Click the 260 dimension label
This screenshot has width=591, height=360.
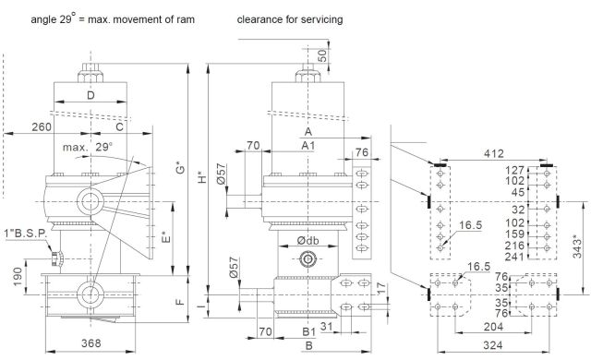tap(42, 126)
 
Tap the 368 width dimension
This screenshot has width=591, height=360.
tap(91, 343)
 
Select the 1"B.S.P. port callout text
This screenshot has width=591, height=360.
tap(26, 234)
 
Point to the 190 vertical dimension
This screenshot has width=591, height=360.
tap(18, 276)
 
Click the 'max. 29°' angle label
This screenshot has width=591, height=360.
tap(88, 147)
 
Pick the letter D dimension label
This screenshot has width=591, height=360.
tap(90, 95)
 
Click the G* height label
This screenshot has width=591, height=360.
tap(181, 167)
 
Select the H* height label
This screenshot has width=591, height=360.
tap(202, 177)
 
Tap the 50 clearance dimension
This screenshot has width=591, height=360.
tap(322, 55)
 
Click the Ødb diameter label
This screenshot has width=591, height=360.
tap(308, 241)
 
